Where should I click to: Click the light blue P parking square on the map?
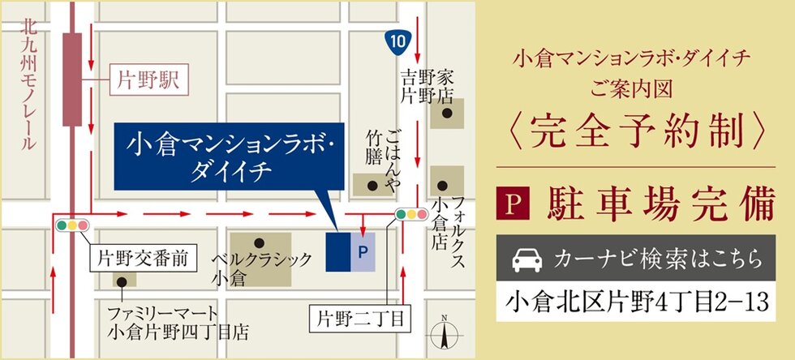(x=363, y=252)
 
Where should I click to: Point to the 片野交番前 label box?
(x=143, y=259)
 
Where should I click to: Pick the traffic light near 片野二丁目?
(x=411, y=215)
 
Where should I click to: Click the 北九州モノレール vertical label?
(x=29, y=84)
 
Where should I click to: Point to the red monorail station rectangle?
(x=72, y=79)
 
